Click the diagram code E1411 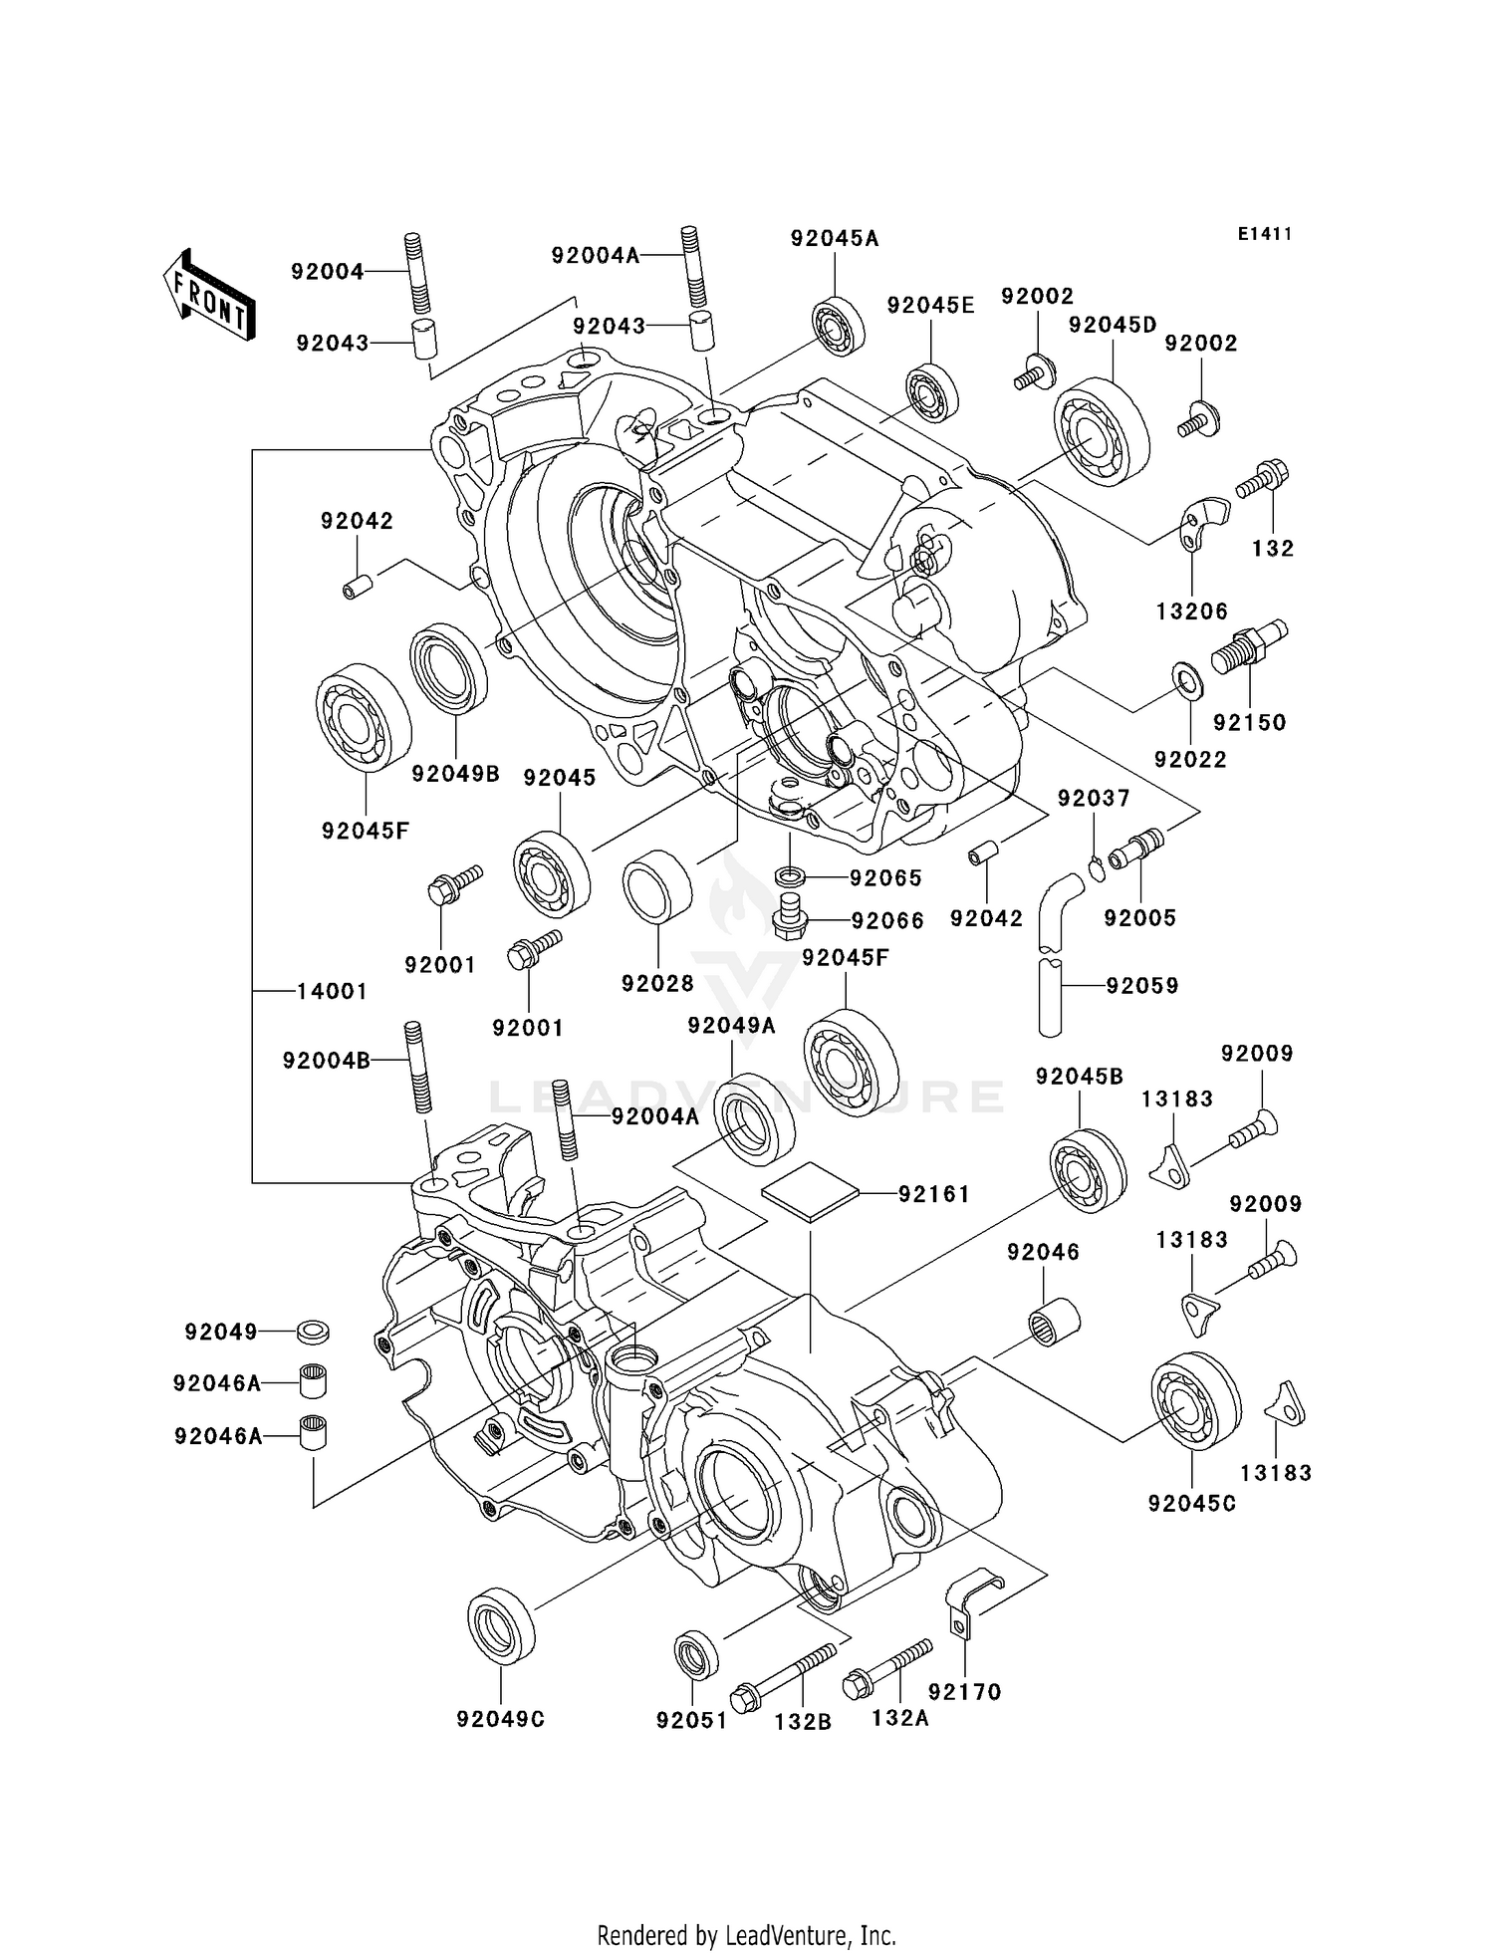click(1265, 234)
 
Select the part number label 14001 click(332, 991)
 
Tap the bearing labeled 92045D click(1103, 432)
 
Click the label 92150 click(1249, 723)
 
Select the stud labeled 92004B click(417, 1068)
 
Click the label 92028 click(657, 984)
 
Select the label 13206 click(1192, 611)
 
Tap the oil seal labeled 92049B click(449, 669)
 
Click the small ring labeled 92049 click(314, 1331)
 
